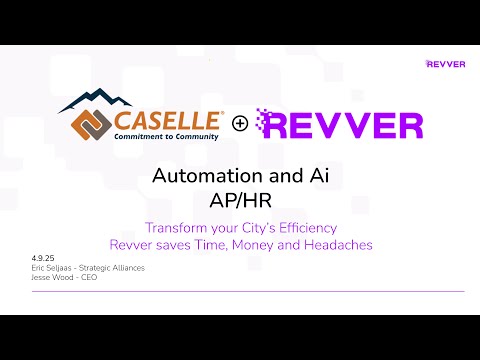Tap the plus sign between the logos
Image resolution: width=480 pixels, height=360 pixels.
click(240, 124)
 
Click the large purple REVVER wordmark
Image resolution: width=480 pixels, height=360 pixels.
click(340, 125)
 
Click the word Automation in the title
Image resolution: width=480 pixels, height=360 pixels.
click(201, 176)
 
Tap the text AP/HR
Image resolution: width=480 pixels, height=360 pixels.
click(240, 199)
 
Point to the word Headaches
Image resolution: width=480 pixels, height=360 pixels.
click(331, 245)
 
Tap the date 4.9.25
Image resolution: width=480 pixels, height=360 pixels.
click(42, 259)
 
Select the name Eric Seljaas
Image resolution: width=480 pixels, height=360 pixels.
click(55, 267)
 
